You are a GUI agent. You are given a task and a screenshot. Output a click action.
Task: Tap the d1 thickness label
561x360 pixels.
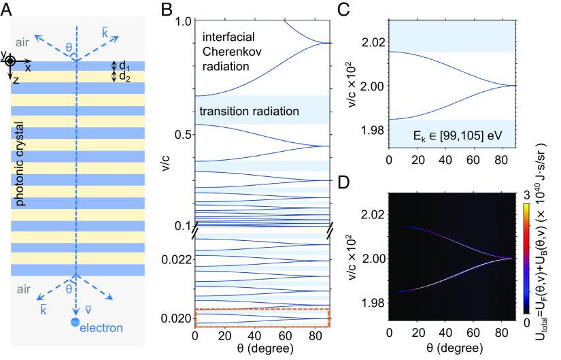point(125,66)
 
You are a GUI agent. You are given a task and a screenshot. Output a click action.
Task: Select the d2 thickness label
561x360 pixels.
point(125,76)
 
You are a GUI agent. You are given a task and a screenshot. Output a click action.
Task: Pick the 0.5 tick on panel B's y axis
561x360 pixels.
point(181,134)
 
